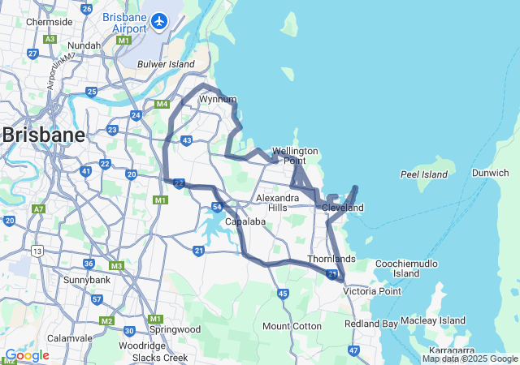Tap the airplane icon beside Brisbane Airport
pos(159,20)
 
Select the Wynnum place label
pos(217,99)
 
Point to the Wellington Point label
pos(294,156)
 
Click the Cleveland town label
pos(342,208)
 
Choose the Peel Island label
pos(424,174)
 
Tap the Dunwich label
pos(491,172)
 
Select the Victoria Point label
pos(372,290)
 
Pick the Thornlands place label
pos(331,259)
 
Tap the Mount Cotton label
pos(292,326)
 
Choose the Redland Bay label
pos(371,324)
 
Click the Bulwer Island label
pos(166,64)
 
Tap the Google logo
pos(27,355)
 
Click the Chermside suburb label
pos(49,22)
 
